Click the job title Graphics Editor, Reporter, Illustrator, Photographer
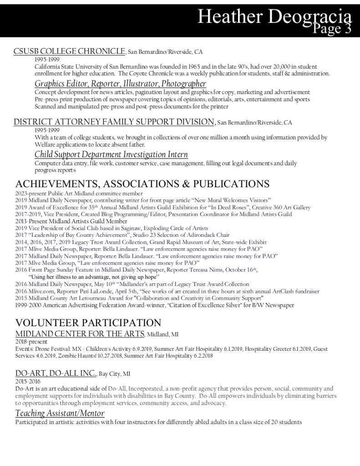(120, 84)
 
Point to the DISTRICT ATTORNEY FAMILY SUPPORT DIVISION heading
(114, 122)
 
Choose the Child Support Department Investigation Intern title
(111, 154)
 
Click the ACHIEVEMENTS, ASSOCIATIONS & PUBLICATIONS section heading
(142, 184)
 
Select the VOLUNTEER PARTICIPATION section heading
(88, 323)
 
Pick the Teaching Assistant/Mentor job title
(60, 413)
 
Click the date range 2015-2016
(27, 382)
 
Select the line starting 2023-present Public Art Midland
(79, 194)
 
